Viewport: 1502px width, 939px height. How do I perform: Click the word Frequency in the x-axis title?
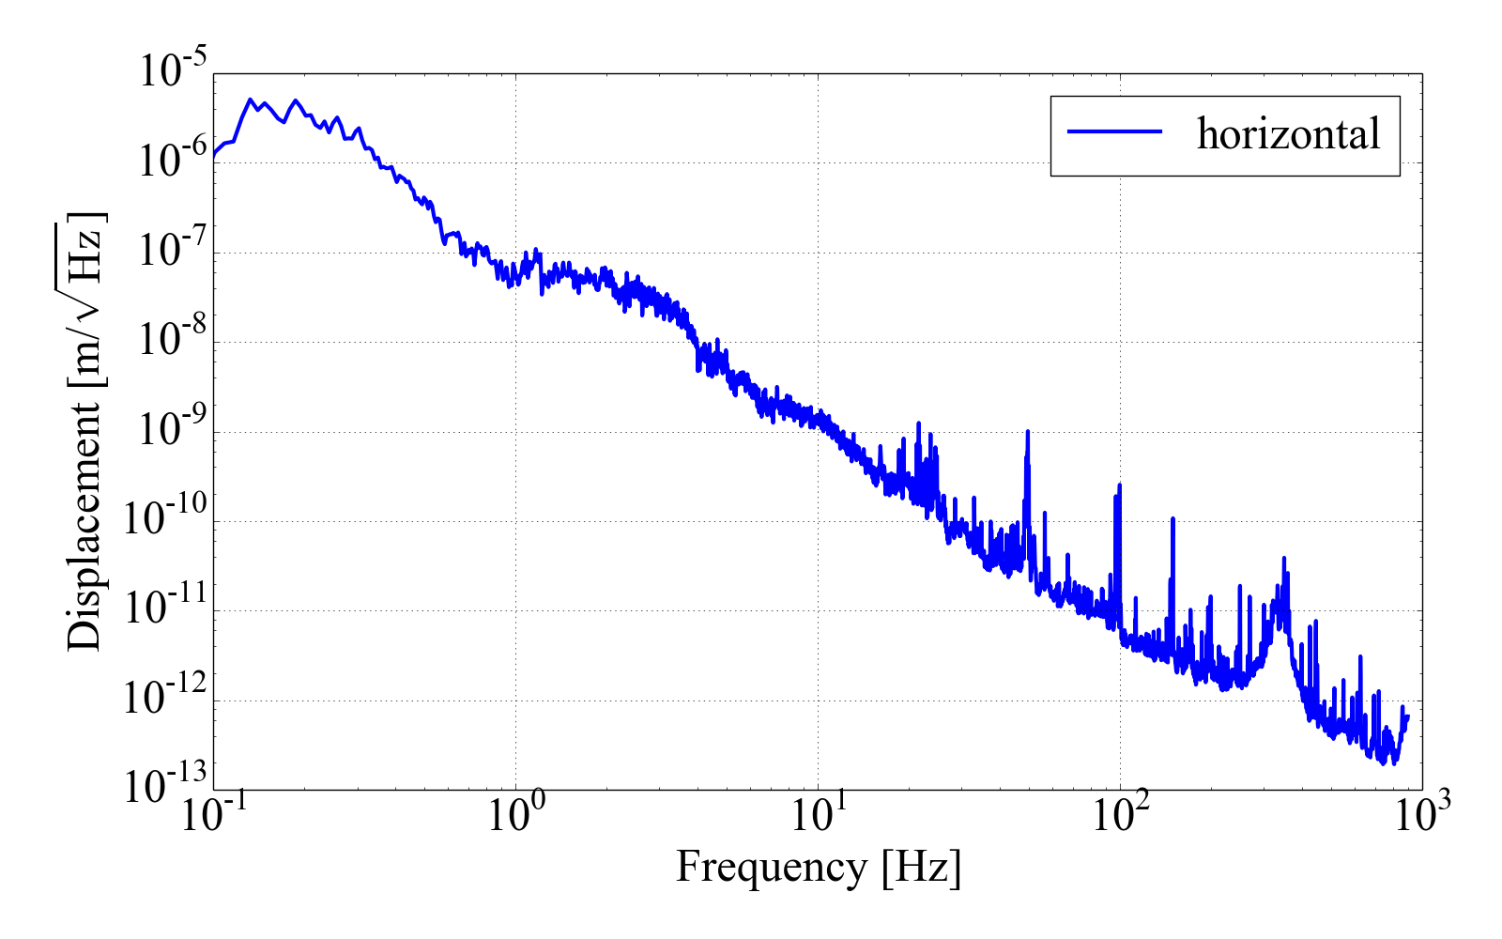(771, 867)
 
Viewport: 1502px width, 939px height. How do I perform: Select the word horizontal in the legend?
(1288, 134)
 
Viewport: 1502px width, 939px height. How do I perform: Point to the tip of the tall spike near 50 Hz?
(1029, 432)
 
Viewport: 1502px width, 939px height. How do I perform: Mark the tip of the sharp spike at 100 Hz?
(1119, 485)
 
